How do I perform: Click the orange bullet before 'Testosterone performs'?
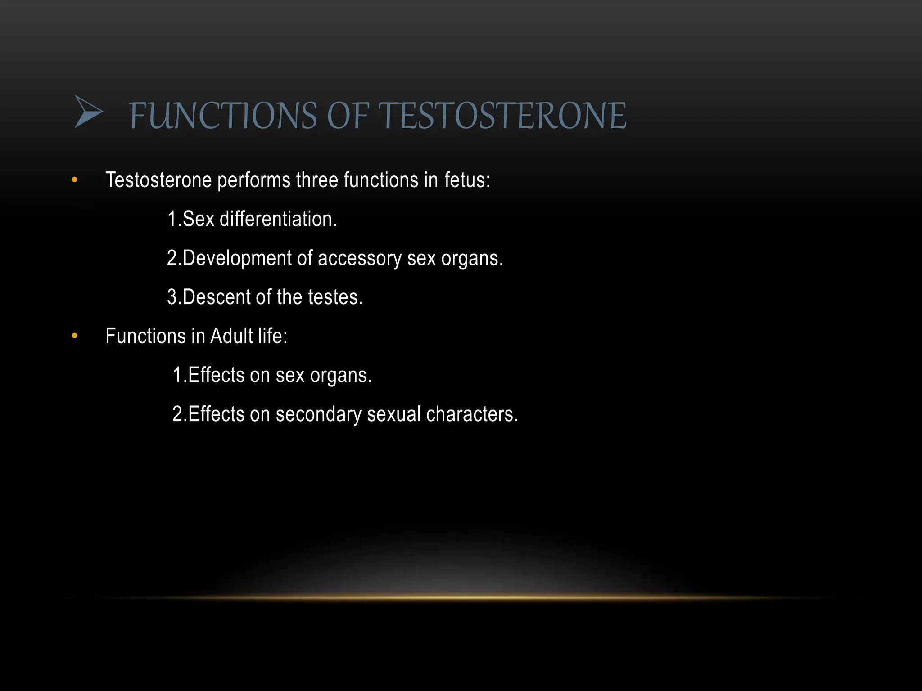click(x=75, y=180)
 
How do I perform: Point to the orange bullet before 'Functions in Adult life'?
click(x=75, y=336)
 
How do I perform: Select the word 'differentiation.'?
click(x=278, y=219)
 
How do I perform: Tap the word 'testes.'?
click(x=335, y=297)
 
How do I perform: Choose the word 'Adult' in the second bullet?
click(x=231, y=336)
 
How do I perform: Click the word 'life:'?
click(x=273, y=336)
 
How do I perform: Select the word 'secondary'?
click(x=318, y=414)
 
